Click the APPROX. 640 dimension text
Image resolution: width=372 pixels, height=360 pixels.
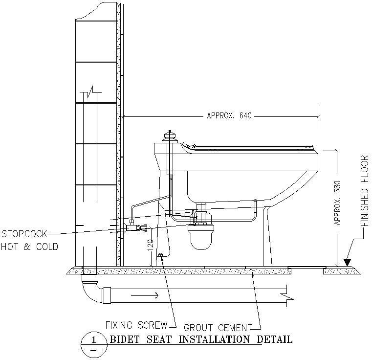click(229, 116)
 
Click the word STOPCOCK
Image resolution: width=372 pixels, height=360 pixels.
click(24, 234)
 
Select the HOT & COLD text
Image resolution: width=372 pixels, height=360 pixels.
click(29, 247)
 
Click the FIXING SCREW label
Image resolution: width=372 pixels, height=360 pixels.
click(136, 325)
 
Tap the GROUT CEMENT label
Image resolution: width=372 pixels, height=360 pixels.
click(218, 327)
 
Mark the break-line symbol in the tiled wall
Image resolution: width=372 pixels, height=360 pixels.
click(90, 93)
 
